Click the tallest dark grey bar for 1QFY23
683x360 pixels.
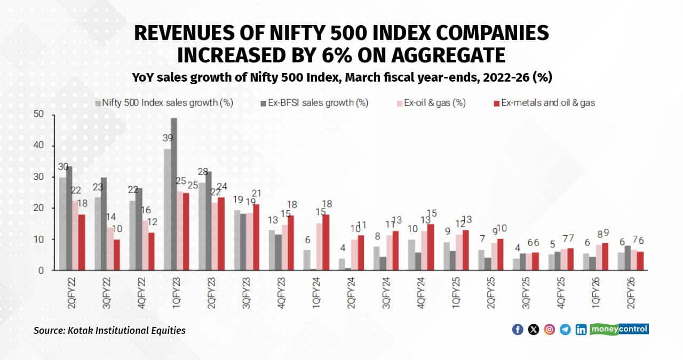(x=174, y=194)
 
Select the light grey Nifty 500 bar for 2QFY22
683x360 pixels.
(x=62, y=224)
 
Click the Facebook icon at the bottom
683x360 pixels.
(x=517, y=330)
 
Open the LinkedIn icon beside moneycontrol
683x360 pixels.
(x=581, y=330)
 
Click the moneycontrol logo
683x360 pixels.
(x=619, y=329)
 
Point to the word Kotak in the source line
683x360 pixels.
(x=80, y=331)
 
